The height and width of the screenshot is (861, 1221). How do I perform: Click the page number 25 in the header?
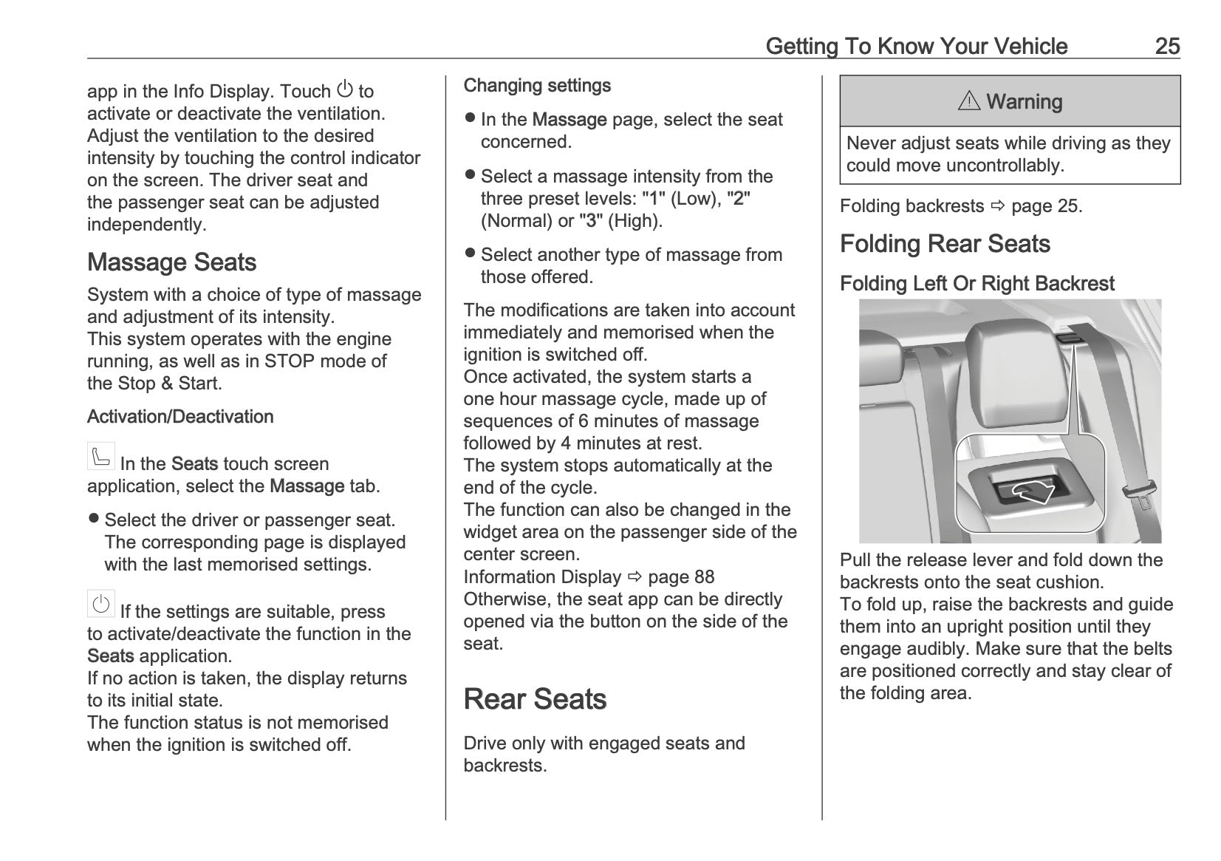tap(1167, 46)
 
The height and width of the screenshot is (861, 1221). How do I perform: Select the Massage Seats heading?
tap(171, 262)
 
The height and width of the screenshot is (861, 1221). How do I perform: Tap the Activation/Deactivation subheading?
tap(180, 417)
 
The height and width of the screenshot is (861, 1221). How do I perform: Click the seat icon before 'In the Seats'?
tap(100, 456)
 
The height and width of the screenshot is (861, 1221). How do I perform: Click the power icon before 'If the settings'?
tap(100, 604)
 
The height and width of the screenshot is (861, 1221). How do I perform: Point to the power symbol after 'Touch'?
tap(344, 89)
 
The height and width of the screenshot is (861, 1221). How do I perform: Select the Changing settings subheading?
tap(537, 86)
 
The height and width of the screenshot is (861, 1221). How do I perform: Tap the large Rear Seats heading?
tap(535, 699)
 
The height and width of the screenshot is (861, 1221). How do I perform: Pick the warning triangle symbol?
tap(969, 101)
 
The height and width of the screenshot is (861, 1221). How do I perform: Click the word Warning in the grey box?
tap(1024, 102)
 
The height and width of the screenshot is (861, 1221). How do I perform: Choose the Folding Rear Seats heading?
tap(945, 244)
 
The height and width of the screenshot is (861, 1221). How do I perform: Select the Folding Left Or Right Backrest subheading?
tap(977, 284)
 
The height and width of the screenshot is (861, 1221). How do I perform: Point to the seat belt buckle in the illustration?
tap(1138, 494)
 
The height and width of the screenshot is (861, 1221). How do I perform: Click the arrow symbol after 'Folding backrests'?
tap(998, 206)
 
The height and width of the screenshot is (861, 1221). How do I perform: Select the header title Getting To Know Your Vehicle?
tap(916, 46)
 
